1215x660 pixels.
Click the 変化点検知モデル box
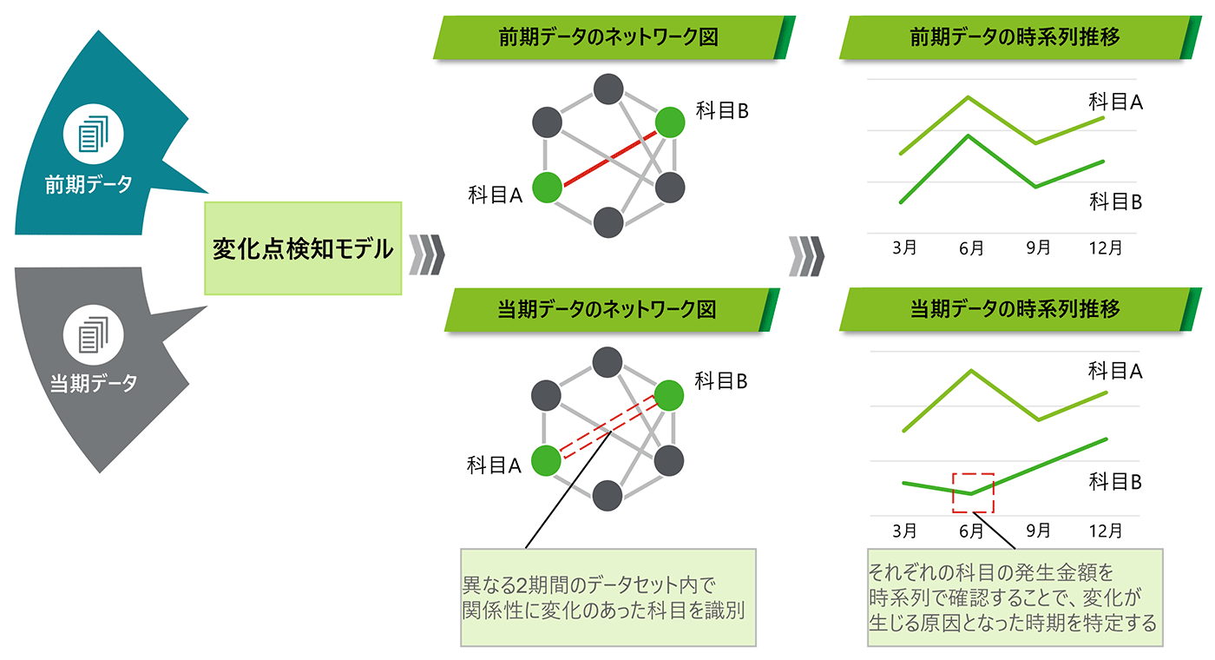[304, 248]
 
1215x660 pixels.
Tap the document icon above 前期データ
[94, 135]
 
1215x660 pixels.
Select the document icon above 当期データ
[94, 334]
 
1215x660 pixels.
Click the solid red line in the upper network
[608, 155]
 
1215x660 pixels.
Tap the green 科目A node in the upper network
[547, 188]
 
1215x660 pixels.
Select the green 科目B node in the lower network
[670, 395]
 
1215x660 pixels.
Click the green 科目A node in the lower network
[547, 459]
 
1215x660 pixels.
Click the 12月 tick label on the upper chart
[1106, 248]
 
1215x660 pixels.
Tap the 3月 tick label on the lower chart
[905, 530]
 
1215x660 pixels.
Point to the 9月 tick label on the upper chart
[1038, 248]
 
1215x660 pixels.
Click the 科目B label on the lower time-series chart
[1115, 482]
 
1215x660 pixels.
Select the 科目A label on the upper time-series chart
[1115, 102]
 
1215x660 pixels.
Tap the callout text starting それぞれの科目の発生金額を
[1015, 597]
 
